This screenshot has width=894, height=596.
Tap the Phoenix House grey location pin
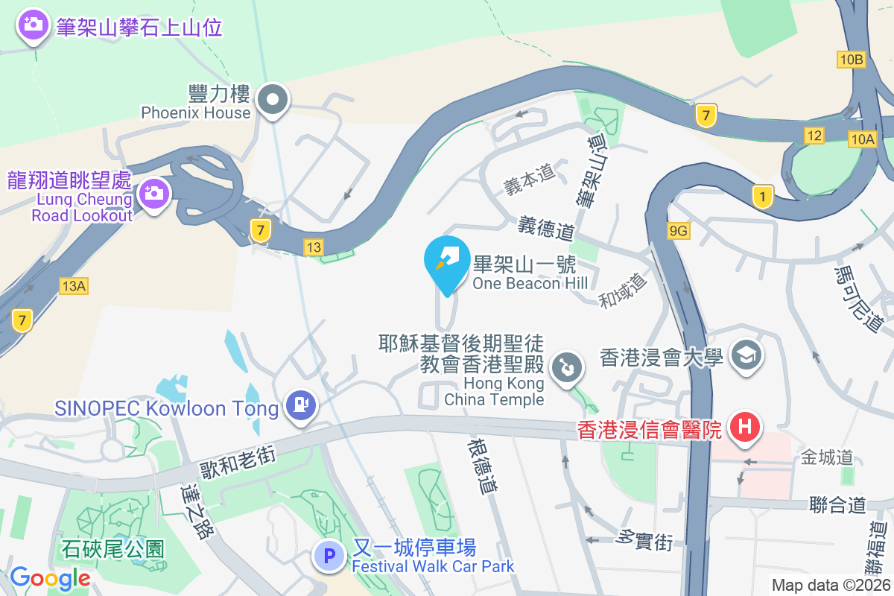[273, 99]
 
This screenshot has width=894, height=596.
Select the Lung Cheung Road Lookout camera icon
[154, 194]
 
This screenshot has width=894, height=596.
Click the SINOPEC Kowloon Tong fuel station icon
[302, 405]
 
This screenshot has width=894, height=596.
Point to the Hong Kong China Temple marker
[566, 367]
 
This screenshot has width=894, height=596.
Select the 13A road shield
[74, 285]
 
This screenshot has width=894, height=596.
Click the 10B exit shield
[851, 60]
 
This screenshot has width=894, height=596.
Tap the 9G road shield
[678, 231]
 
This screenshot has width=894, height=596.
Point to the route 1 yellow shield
[762, 196]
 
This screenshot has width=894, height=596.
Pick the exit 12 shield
[814, 135]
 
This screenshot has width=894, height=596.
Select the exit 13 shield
[314, 246]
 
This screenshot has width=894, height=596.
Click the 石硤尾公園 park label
[112, 549]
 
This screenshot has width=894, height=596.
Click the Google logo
[50, 578]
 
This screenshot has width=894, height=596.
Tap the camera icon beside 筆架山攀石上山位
[33, 25]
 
